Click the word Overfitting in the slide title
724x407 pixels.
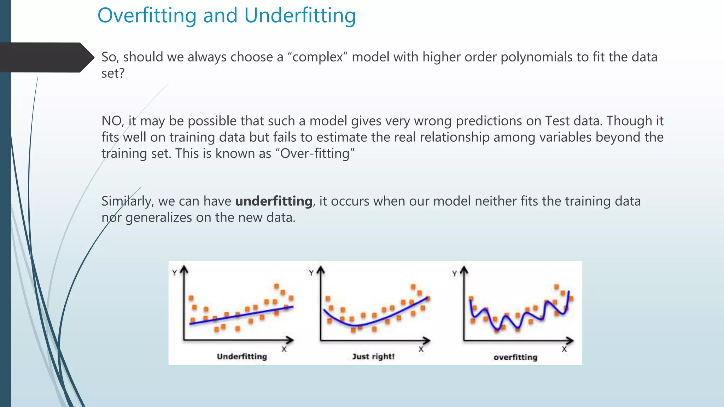(x=147, y=16)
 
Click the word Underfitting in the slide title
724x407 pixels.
(x=300, y=16)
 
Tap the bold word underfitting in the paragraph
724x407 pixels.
(x=274, y=201)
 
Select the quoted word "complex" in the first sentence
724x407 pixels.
(x=317, y=57)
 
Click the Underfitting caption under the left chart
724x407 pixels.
(x=242, y=356)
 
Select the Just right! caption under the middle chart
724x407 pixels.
(x=373, y=356)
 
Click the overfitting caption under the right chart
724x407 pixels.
(x=515, y=357)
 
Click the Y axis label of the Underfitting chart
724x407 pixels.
(x=174, y=273)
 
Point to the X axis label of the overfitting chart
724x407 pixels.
(x=564, y=349)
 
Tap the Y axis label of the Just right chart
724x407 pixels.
(x=311, y=273)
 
